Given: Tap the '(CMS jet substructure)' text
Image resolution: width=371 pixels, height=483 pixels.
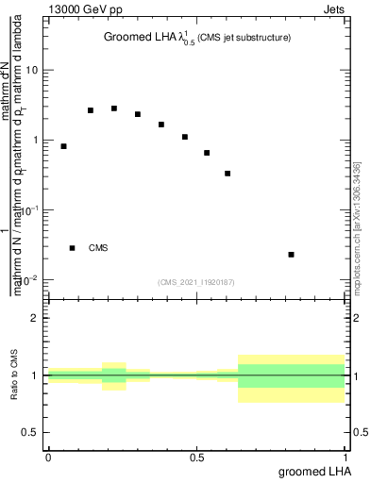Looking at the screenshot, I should click(x=244, y=38).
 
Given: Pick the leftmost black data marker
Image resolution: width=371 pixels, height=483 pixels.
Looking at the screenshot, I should click(x=63, y=146).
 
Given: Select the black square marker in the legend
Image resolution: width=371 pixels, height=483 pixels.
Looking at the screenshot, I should click(x=72, y=248).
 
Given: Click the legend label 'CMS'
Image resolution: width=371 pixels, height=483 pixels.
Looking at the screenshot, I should click(x=98, y=248).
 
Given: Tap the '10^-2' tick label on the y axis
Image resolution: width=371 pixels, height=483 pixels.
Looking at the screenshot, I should click(x=30, y=279).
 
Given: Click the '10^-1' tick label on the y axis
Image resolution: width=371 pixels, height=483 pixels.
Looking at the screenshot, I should click(x=30, y=209).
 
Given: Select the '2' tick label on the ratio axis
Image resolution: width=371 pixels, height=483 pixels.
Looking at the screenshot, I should click(x=35, y=318).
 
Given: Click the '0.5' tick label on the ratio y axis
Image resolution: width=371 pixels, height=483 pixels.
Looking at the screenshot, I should click(x=31, y=432).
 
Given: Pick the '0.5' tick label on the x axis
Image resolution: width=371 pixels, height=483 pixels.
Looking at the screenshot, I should click(x=196, y=458).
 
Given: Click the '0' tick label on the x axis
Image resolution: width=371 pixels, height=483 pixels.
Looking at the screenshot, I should click(x=47, y=458).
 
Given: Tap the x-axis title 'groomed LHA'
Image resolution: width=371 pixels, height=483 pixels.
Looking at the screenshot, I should click(x=313, y=471).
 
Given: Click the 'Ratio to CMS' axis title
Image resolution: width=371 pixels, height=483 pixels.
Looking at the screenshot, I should click(x=14, y=375).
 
